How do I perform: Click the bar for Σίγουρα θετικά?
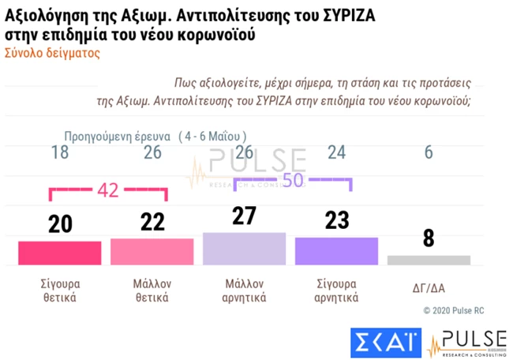(59, 253)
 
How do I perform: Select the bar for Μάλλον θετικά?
(152, 251)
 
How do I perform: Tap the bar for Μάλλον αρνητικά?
(244, 248)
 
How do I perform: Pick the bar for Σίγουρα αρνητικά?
(336, 250)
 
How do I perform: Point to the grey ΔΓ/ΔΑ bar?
(429, 260)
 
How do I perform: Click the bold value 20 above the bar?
(59, 224)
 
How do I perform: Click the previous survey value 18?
(59, 153)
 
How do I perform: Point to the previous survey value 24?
(336, 153)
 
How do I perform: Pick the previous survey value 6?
(429, 153)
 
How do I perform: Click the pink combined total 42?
(108, 189)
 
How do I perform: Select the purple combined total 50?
(293, 180)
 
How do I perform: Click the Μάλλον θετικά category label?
(152, 291)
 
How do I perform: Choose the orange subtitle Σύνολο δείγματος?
(52, 54)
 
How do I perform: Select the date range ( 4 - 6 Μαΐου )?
(212, 135)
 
